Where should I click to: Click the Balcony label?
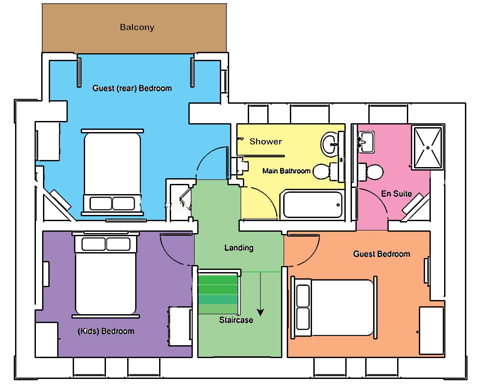coord(137,27)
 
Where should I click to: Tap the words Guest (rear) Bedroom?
coord(132,88)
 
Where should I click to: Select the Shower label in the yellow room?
coord(266,141)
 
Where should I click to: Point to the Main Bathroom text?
coord(286,171)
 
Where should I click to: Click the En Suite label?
coord(396,194)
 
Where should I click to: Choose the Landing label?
coord(239,248)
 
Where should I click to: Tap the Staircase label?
coord(236,320)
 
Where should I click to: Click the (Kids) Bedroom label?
coord(106,331)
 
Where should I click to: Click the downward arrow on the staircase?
coord(260,294)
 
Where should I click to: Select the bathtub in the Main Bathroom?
coord(312,205)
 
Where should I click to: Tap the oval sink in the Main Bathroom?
coord(330,143)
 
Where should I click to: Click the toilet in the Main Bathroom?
coord(328,172)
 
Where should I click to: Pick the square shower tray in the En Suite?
coord(428,147)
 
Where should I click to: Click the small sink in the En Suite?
coord(366,142)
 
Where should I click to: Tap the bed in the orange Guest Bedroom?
coord(334,307)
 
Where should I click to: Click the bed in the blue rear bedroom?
coord(112,172)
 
